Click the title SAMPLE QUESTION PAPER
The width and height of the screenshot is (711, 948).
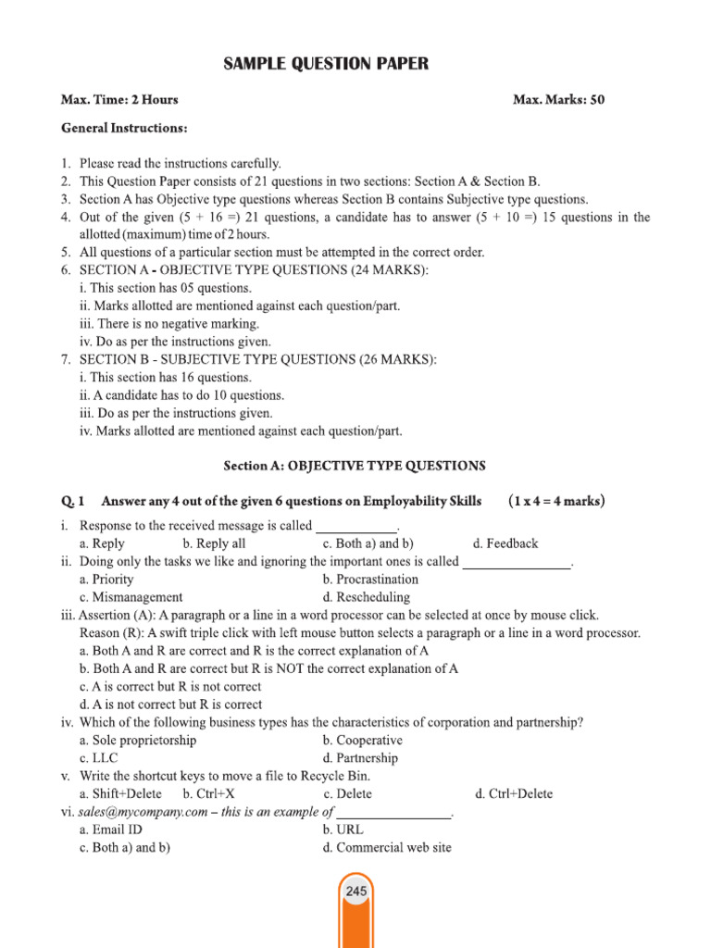pos(326,64)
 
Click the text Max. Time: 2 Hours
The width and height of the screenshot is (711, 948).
pos(119,100)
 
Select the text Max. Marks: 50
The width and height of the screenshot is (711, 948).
pos(558,100)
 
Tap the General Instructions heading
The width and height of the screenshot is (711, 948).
pos(124,127)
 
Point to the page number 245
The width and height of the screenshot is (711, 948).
pos(355,892)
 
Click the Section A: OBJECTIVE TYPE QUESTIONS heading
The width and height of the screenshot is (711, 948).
pos(355,466)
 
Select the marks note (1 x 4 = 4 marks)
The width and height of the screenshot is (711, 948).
pos(556,502)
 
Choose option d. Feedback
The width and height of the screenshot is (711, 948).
pos(505,543)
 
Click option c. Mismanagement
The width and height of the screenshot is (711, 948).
pos(131,597)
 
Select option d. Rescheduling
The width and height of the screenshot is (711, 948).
pos(366,597)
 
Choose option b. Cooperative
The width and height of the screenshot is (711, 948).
pos(362,741)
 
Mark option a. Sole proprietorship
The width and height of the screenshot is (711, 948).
pos(138,741)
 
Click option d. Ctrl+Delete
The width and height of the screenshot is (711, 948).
pos(513,793)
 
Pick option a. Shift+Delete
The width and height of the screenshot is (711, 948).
pos(120,793)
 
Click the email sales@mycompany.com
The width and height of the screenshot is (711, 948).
pos(143,812)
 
